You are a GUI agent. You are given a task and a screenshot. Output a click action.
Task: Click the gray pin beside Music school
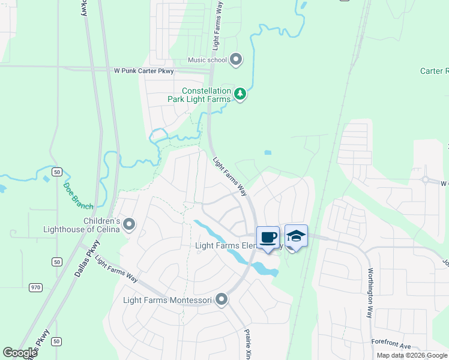point(236,59)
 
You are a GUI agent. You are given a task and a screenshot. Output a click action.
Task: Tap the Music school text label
point(207,59)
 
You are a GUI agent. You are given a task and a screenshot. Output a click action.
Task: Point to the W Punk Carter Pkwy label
point(143,71)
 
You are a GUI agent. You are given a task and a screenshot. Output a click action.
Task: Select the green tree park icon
point(240,94)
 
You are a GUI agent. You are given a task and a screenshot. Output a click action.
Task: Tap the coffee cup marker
point(268,236)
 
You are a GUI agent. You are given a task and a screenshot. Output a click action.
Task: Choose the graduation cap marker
point(296,235)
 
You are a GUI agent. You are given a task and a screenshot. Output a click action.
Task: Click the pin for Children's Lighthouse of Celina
point(128,224)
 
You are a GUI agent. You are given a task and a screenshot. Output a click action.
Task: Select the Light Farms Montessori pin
point(222,299)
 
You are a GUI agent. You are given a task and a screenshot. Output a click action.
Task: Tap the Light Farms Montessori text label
point(168,300)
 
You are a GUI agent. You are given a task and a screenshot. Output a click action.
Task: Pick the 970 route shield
point(36,287)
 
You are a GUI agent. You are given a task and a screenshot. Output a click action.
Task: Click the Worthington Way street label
point(370,293)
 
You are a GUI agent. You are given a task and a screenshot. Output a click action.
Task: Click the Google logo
point(20,353)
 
